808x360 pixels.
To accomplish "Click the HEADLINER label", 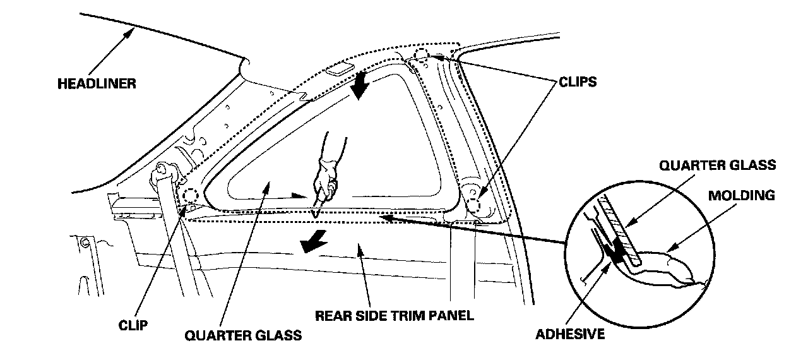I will pyautogui.click(x=97, y=83).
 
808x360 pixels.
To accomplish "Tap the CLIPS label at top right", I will pyautogui.click(x=577, y=83).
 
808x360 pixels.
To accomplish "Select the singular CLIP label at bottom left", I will pyautogui.click(x=134, y=325).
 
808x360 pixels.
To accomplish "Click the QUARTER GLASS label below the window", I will pyautogui.click(x=243, y=335).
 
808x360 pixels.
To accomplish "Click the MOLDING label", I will pyautogui.click(x=740, y=195).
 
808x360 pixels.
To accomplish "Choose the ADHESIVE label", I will pyautogui.click(x=570, y=334).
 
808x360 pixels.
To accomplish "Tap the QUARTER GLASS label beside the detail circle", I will pyautogui.click(x=717, y=165).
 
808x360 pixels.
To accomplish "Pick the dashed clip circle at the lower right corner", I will pyautogui.click(x=477, y=203).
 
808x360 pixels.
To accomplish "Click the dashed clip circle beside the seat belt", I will pyautogui.click(x=191, y=195).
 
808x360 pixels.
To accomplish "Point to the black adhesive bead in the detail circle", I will pyautogui.click(x=614, y=253).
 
